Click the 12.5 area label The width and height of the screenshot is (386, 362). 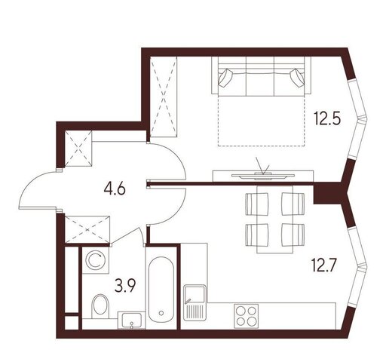click(327, 118)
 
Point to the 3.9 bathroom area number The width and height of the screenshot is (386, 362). click(125, 286)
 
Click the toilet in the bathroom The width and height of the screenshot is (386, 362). click(100, 306)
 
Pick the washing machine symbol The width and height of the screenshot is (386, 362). click(96, 260)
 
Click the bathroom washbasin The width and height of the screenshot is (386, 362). click(131, 320)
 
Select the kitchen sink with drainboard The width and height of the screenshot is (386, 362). click(195, 302)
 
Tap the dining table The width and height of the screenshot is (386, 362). click(275, 219)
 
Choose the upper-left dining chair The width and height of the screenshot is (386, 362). click(257, 204)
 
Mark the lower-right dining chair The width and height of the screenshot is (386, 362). click(293, 235)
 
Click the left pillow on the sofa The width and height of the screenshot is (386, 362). click(226, 78)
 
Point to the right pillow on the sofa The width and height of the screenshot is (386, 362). click(297, 78)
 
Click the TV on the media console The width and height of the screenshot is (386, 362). click(263, 176)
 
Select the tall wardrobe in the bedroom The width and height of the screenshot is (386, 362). click(164, 97)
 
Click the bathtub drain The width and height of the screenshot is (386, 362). click(161, 313)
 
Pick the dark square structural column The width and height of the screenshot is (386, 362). click(326, 194)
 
